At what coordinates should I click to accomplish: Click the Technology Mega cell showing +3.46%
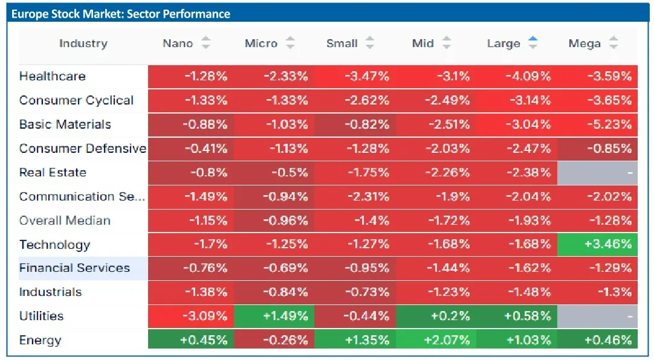(597, 244)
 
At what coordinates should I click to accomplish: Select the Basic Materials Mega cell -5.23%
(597, 124)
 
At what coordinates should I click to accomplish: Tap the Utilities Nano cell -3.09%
(191, 317)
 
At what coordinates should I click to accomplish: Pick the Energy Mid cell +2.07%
(436, 340)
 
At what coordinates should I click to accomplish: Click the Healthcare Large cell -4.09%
(517, 76)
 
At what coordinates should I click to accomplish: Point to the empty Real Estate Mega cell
(597, 173)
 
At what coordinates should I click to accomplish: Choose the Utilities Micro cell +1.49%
(274, 317)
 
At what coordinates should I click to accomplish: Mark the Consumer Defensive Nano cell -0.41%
(191, 149)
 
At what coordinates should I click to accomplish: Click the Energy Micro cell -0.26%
(274, 340)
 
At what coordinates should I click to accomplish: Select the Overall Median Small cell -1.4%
(355, 220)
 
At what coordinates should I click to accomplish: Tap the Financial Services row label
(75, 268)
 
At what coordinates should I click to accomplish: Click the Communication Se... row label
(82, 196)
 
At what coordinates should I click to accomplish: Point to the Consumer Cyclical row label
(76, 100)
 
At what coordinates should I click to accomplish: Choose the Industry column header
(83, 43)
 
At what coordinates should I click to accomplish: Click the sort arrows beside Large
(533, 42)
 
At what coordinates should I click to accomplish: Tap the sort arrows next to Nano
(206, 42)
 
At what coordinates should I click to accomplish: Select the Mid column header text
(423, 43)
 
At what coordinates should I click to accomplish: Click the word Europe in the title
(30, 14)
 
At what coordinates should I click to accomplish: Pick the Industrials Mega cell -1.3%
(597, 292)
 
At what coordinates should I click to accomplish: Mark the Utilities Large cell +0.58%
(517, 317)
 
